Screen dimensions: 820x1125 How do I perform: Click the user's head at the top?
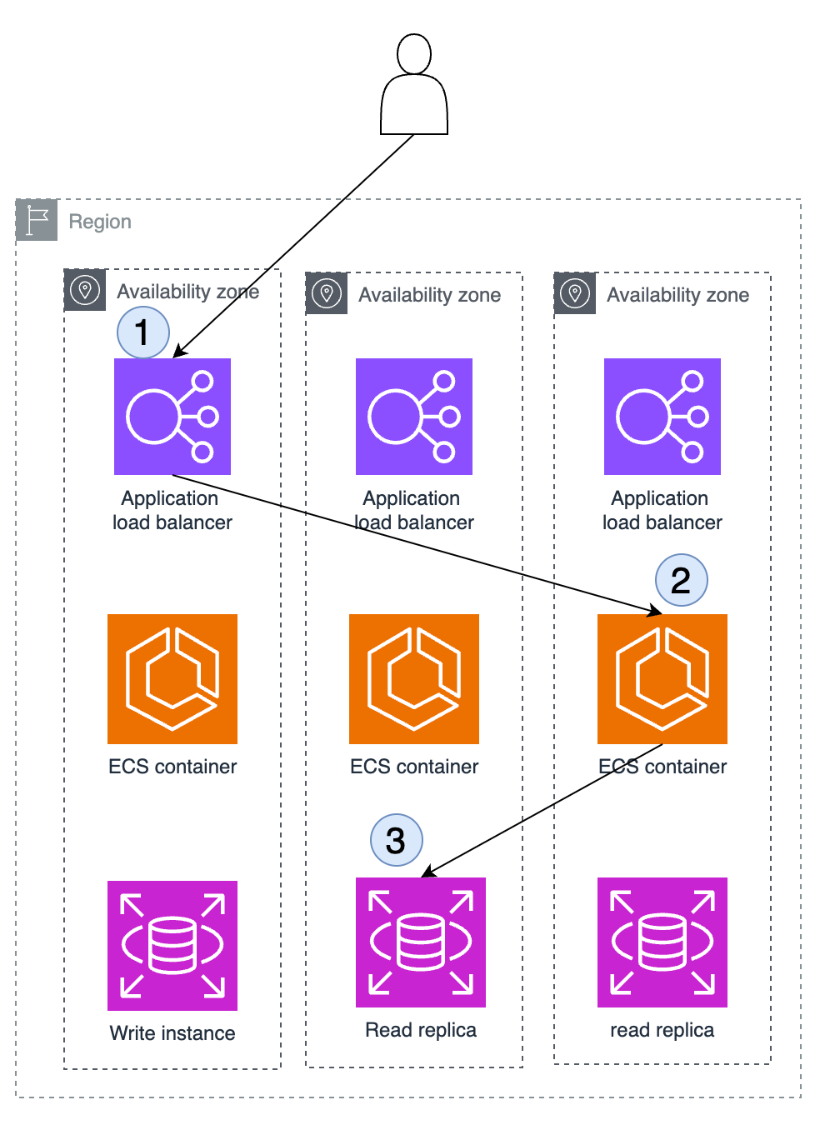coord(414,54)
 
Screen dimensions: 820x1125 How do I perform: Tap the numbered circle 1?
coord(143,332)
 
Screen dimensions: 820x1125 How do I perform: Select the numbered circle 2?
coord(682,579)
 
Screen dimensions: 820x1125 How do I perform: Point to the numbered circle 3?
coord(396,839)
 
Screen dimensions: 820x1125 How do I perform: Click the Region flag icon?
coord(36,220)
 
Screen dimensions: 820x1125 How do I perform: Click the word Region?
coord(100,222)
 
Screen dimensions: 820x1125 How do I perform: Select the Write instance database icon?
coord(172,945)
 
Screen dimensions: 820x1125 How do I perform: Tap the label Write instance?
coord(172,1033)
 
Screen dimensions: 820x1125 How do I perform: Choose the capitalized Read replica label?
coord(420,1029)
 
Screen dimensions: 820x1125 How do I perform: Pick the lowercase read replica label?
coord(662,1029)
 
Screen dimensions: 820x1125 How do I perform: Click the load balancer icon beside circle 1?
coord(172,417)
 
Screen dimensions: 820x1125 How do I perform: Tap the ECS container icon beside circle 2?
coord(662,678)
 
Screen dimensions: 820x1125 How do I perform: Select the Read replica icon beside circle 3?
coord(420,942)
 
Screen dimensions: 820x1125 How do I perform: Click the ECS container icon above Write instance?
coord(172,678)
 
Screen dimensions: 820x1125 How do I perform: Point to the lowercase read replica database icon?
coord(662,942)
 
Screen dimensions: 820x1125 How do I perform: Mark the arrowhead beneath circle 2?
coord(655,611)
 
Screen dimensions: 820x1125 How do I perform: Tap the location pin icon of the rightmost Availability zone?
coord(574,293)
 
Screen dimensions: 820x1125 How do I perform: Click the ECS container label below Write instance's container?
coord(172,767)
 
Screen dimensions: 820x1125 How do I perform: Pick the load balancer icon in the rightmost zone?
coord(662,417)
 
